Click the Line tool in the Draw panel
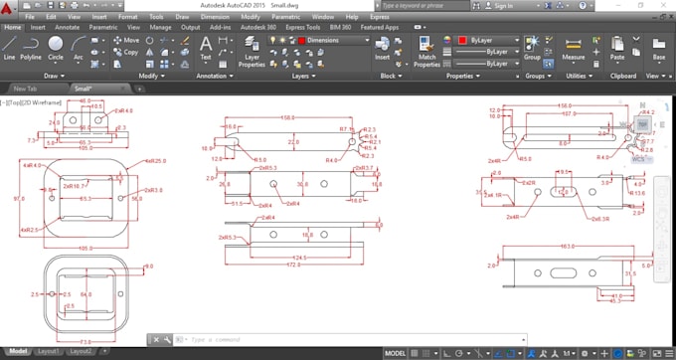point(9,48)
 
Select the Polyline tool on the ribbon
point(31,48)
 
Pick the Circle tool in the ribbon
point(56,48)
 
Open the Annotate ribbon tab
point(68,27)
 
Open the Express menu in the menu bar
point(380,17)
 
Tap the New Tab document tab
point(25,89)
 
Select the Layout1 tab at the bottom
point(48,351)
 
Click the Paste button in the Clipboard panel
point(617,48)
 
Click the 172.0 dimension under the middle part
point(293,266)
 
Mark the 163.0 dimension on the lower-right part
point(568,245)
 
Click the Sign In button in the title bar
point(502,5)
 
